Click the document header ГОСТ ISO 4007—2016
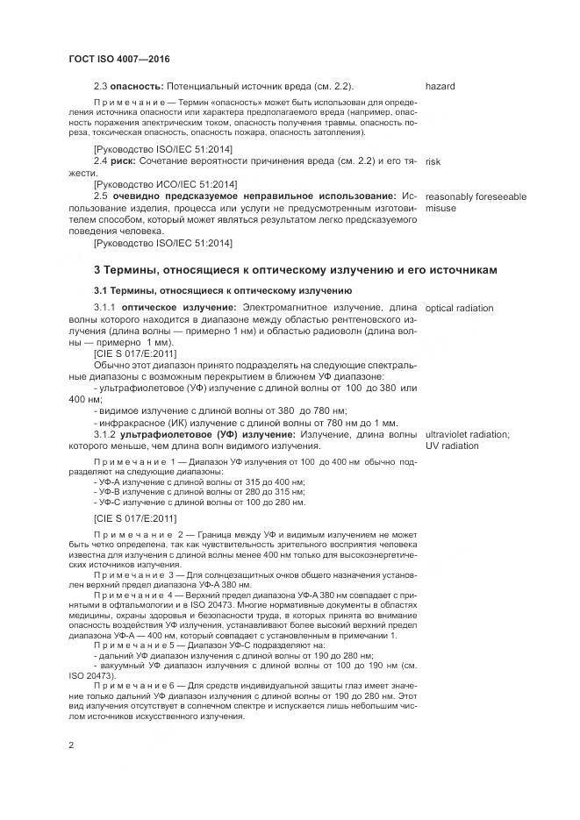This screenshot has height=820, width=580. coord(118,59)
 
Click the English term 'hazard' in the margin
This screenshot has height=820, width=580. coord(440,87)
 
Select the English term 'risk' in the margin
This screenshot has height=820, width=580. coord(432,162)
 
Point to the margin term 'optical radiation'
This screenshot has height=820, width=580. coord(459,309)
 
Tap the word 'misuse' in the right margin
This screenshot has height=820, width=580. coord(440,209)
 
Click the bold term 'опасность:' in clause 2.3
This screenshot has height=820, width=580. coord(135,87)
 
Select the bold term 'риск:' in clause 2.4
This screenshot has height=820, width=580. coord(127,162)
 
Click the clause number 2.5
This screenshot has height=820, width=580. coord(101,196)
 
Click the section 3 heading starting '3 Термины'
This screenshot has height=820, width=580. coord(295,269)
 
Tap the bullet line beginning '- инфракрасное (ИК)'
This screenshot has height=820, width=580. coord(245,423)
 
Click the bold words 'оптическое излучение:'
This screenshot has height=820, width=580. coord(179,309)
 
